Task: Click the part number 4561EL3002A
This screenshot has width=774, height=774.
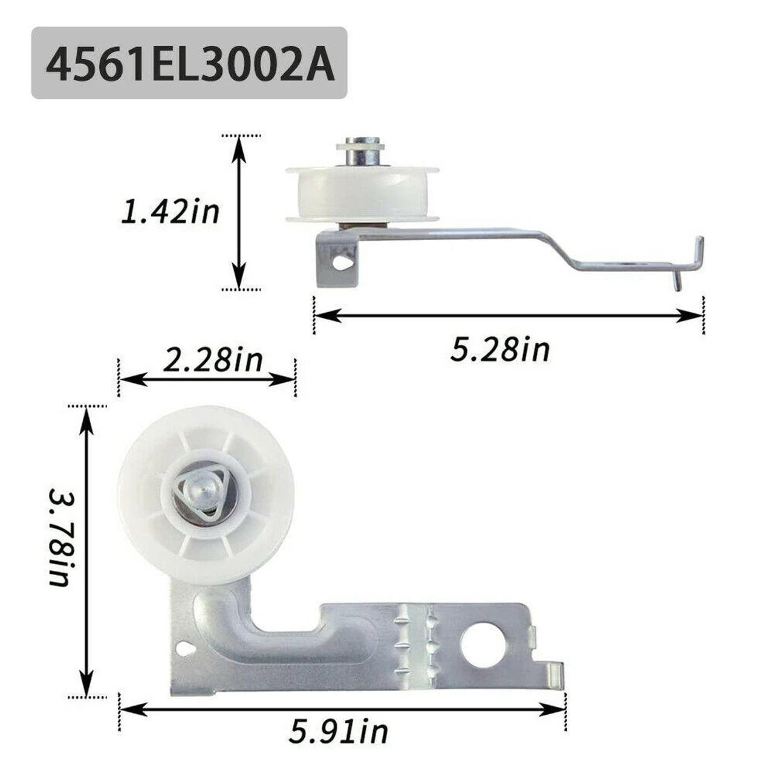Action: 190,63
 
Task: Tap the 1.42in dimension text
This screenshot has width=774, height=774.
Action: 171,212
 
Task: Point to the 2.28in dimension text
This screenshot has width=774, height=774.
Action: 212,360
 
